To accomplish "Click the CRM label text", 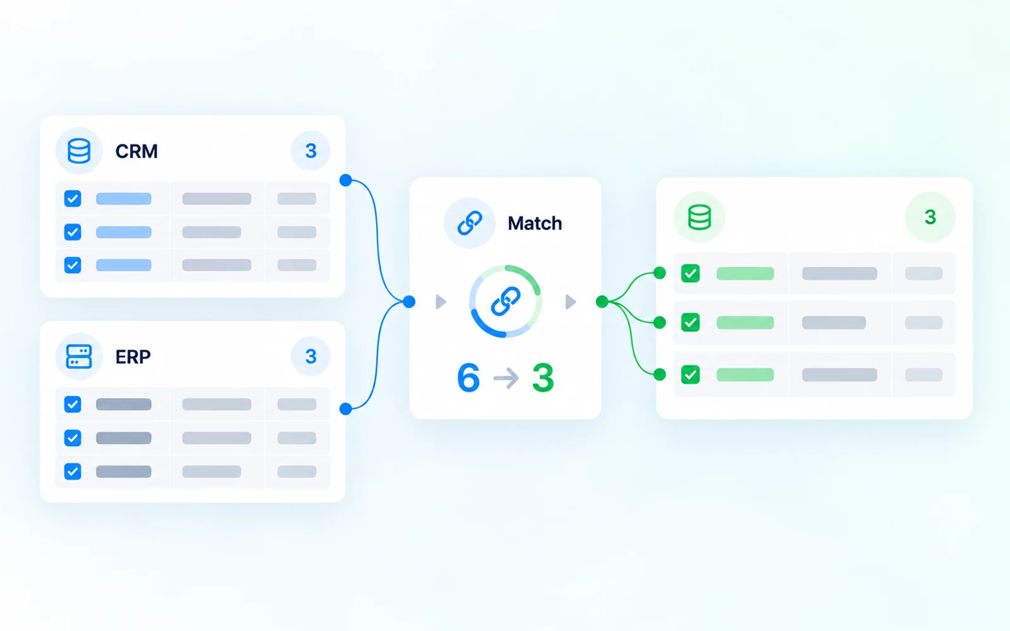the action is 136,151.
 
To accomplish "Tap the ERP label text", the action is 133,357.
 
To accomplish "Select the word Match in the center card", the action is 535,223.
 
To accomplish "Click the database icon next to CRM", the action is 79,151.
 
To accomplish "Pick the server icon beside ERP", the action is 79,357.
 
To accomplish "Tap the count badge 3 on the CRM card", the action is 311,151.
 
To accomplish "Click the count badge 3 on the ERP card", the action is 311,357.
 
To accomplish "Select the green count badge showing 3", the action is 930,217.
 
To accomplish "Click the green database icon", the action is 699,217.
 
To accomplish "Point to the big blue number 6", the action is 468,377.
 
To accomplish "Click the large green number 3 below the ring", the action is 543,377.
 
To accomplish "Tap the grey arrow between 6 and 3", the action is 506,378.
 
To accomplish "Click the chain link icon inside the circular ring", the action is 506,301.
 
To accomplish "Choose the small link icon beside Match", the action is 470,223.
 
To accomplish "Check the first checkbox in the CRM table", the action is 73,198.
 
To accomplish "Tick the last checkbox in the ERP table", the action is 73,471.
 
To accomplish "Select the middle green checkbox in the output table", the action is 691,322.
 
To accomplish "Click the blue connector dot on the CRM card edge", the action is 346,180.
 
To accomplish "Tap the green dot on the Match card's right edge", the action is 602,302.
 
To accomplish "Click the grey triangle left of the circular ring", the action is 441,302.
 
